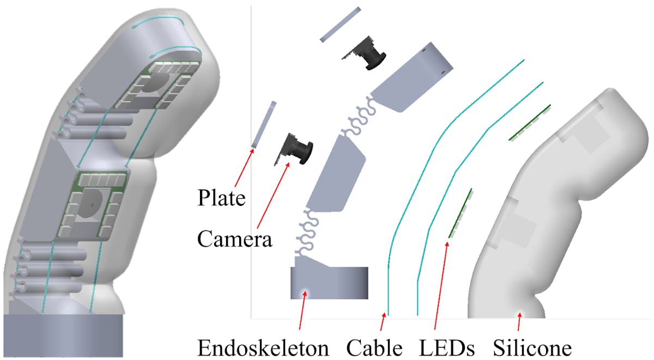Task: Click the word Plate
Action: click(x=221, y=198)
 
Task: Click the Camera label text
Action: click(x=235, y=239)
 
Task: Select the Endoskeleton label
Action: click(x=263, y=348)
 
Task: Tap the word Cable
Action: click(x=374, y=348)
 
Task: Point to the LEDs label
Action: click(x=447, y=348)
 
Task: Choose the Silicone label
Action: click(x=532, y=348)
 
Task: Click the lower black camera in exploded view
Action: click(x=294, y=149)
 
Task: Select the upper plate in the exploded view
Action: click(x=341, y=25)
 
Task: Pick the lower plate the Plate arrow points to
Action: click(x=264, y=124)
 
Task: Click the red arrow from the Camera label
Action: click(x=273, y=195)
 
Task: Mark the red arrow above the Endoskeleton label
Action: click(x=302, y=310)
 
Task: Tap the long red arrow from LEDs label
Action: click(x=441, y=286)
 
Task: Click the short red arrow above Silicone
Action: click(x=519, y=321)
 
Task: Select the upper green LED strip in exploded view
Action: click(x=530, y=123)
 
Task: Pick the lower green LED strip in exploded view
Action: click(x=461, y=213)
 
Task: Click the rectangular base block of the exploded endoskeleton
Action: click(x=329, y=283)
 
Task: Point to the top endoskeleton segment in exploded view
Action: click(x=413, y=77)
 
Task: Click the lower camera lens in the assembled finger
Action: click(x=91, y=204)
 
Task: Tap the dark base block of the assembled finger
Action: click(x=63, y=335)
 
